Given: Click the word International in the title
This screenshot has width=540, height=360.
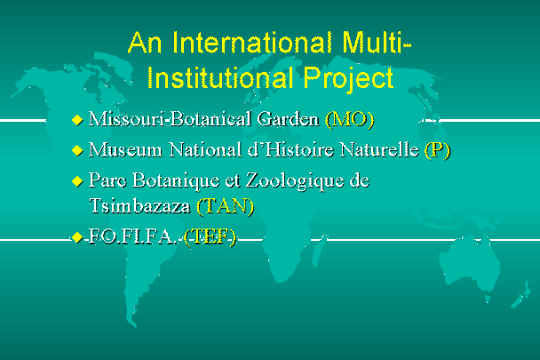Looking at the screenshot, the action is [x=252, y=43].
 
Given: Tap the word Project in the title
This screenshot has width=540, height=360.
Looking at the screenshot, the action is [x=348, y=79].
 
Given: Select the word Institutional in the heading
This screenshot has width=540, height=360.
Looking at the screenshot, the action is [x=220, y=77].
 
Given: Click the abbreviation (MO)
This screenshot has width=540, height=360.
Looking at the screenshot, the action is [x=350, y=119].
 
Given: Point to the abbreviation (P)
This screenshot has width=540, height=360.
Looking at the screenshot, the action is [x=437, y=150].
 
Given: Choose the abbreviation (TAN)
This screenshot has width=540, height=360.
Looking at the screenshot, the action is [x=226, y=206].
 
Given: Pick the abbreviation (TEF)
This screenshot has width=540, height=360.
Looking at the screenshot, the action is [x=210, y=237].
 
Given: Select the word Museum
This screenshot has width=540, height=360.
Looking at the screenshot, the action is [x=125, y=150].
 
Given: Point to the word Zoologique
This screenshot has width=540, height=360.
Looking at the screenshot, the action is [x=295, y=181].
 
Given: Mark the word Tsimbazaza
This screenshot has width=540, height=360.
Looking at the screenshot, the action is [x=139, y=206].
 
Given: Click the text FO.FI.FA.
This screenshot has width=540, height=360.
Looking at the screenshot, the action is [x=131, y=237].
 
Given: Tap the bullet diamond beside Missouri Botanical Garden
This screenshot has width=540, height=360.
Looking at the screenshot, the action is [x=77, y=120].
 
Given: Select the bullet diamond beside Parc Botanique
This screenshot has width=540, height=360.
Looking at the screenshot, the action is [x=77, y=181].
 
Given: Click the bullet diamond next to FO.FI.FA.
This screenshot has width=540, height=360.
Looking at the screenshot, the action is [x=77, y=237].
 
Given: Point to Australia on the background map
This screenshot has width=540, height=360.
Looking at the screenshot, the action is [x=469, y=262].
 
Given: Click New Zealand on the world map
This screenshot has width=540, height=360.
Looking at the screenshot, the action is [x=520, y=295].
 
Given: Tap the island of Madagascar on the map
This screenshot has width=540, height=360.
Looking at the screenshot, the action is [x=320, y=251].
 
